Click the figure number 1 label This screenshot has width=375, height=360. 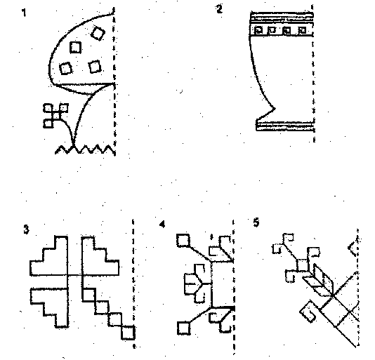click(24, 13)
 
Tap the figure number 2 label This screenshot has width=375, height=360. click(219, 10)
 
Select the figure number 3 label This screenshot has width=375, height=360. click(26, 229)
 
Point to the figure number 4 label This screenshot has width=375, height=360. click(162, 225)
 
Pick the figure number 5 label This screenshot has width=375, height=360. click(256, 222)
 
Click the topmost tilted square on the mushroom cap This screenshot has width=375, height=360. click(98, 33)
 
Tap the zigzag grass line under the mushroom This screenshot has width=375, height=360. click(85, 149)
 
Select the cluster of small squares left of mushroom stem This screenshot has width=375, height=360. click(55, 116)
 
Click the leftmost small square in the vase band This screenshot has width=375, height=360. click(258, 30)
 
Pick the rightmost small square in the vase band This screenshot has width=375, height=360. click(302, 30)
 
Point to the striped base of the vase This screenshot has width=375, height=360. click(285, 126)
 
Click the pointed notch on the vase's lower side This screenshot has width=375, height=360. click(275, 109)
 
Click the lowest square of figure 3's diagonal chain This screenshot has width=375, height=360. click(128, 332)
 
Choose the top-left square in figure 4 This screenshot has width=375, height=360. click(183, 241)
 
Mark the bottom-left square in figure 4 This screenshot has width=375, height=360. click(184, 328)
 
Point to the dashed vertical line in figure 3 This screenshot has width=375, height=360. click(133, 283)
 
